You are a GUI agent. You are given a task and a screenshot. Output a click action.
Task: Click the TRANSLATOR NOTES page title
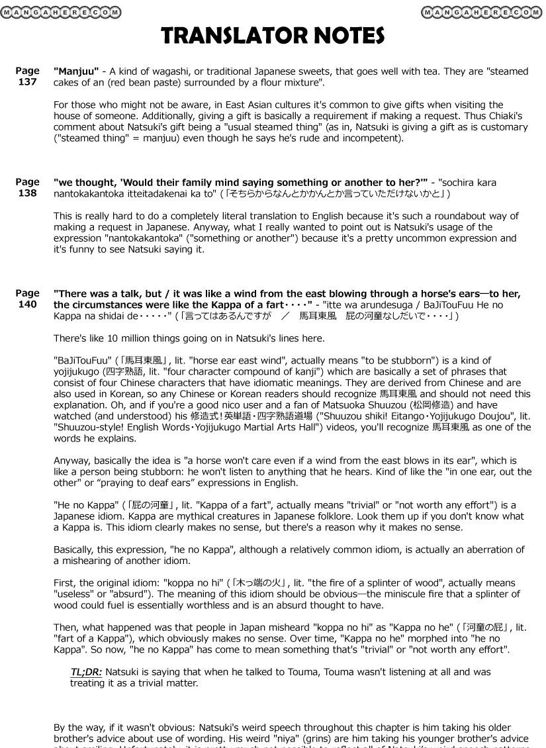[x=273, y=36]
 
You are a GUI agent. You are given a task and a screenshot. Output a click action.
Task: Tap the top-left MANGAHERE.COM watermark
[x=62, y=12]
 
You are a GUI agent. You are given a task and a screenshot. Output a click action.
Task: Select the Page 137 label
[x=27, y=76]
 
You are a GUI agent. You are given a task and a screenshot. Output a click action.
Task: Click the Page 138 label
[x=27, y=187]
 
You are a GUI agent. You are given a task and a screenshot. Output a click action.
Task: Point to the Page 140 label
[x=27, y=299]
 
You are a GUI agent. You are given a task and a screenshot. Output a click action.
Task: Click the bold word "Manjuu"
[x=76, y=71]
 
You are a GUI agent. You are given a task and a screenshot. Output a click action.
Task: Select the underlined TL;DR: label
[x=86, y=671]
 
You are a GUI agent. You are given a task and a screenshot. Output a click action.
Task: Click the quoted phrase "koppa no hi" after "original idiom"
[x=193, y=583]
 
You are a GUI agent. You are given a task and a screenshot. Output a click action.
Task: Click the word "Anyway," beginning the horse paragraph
[x=73, y=460]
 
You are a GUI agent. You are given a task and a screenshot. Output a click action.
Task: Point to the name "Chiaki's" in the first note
[x=506, y=116]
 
